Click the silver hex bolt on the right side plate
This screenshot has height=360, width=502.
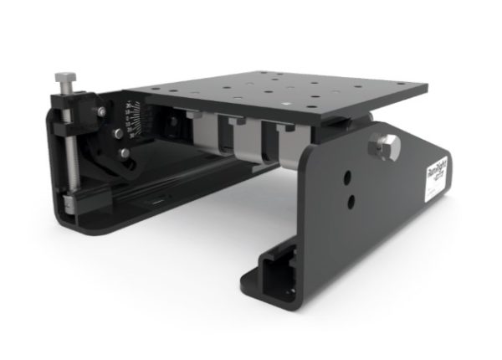pos(387,148)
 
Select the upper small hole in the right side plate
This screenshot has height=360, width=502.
pos(344,177)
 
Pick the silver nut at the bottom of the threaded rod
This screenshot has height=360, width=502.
pos(69,202)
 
